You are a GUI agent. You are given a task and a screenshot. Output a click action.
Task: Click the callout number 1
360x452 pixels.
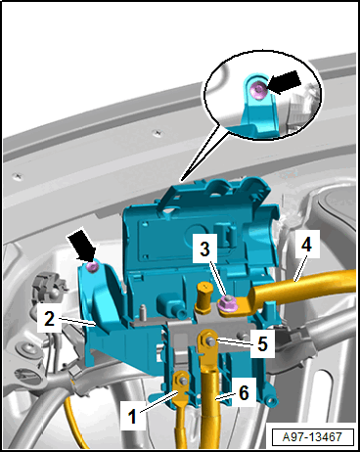132,416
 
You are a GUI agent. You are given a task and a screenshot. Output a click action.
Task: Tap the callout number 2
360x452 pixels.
49,319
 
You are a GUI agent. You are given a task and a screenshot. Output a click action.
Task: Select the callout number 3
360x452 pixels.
204,249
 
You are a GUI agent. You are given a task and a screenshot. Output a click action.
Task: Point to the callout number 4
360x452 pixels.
306,244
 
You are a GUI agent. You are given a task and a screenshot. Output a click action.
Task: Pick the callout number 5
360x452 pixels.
262,343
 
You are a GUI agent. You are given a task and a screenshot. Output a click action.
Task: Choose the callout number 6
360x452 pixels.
244,392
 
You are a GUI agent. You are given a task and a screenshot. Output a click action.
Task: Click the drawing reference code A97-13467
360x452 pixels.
312,436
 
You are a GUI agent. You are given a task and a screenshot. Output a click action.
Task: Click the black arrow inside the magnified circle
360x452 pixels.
284,81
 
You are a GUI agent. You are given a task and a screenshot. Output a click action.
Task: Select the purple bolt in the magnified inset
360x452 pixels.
259,88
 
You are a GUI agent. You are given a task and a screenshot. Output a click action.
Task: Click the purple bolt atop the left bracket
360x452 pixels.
93,267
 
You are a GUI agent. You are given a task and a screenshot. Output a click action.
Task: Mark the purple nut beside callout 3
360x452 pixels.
226,303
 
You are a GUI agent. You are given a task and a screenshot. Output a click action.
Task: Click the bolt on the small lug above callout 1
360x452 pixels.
182,381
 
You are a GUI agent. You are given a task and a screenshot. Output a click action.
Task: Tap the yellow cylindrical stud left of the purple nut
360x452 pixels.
202,297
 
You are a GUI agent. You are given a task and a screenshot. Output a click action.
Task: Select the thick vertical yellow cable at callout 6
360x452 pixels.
211,409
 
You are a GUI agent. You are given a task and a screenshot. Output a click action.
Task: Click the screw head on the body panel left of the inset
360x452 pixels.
158,133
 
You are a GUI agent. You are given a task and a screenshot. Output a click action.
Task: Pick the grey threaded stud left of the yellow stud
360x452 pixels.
142,312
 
